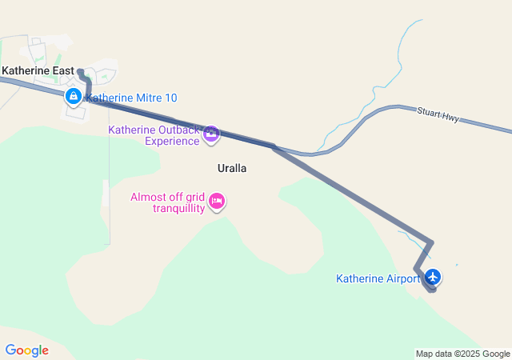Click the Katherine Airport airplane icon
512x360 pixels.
434,277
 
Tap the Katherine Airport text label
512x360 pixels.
378,279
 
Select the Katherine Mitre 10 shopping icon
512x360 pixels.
73,97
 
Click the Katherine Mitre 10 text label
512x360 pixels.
131,98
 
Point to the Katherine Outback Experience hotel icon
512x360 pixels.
211,134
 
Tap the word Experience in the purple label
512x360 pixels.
171,142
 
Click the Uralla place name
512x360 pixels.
232,169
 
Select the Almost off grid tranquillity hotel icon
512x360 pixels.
216,202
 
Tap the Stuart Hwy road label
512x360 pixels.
438,114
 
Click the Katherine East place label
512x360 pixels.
38,70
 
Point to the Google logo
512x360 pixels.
26,350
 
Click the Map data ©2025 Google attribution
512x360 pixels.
462,354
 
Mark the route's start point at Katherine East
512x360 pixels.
80,72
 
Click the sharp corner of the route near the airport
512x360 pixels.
432,242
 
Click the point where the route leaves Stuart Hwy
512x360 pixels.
274,147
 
